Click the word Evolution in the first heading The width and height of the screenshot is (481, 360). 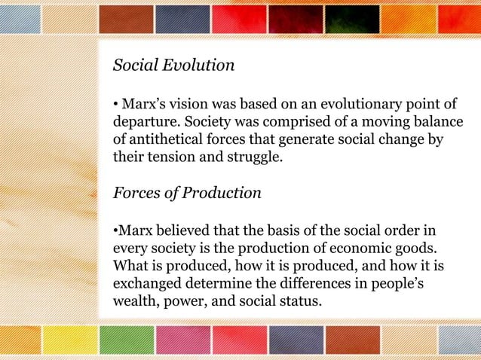pyautogui.click(x=198, y=66)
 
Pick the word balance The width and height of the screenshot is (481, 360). pyautogui.click(x=432, y=121)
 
